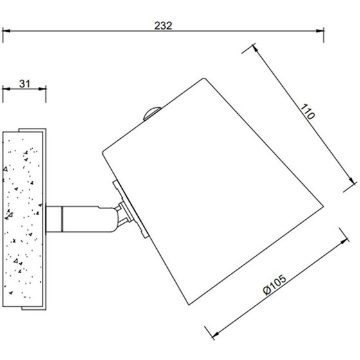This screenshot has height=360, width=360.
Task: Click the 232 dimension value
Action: (163, 26)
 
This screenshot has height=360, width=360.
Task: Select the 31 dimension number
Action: (24, 84)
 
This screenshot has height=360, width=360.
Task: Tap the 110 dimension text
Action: (307, 112)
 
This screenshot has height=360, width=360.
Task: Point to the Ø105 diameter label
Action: (275, 284)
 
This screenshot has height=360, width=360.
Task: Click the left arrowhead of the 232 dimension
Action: (6, 31)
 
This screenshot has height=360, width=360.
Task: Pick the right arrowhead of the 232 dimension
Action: (320, 31)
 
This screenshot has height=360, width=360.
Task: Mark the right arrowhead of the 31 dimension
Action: (42, 89)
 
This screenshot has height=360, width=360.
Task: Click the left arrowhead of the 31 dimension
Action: (6, 89)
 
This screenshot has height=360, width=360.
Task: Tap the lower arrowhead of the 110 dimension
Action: (351, 181)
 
